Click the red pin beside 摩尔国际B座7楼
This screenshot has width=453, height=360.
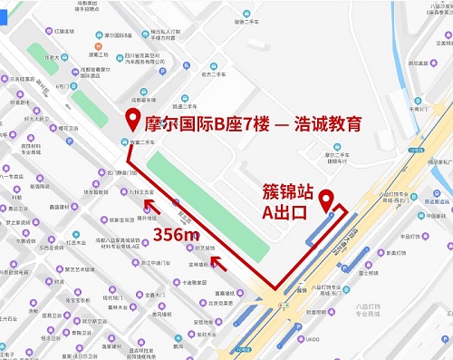[x=131, y=119]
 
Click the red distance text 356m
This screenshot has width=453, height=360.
[x=177, y=235]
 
